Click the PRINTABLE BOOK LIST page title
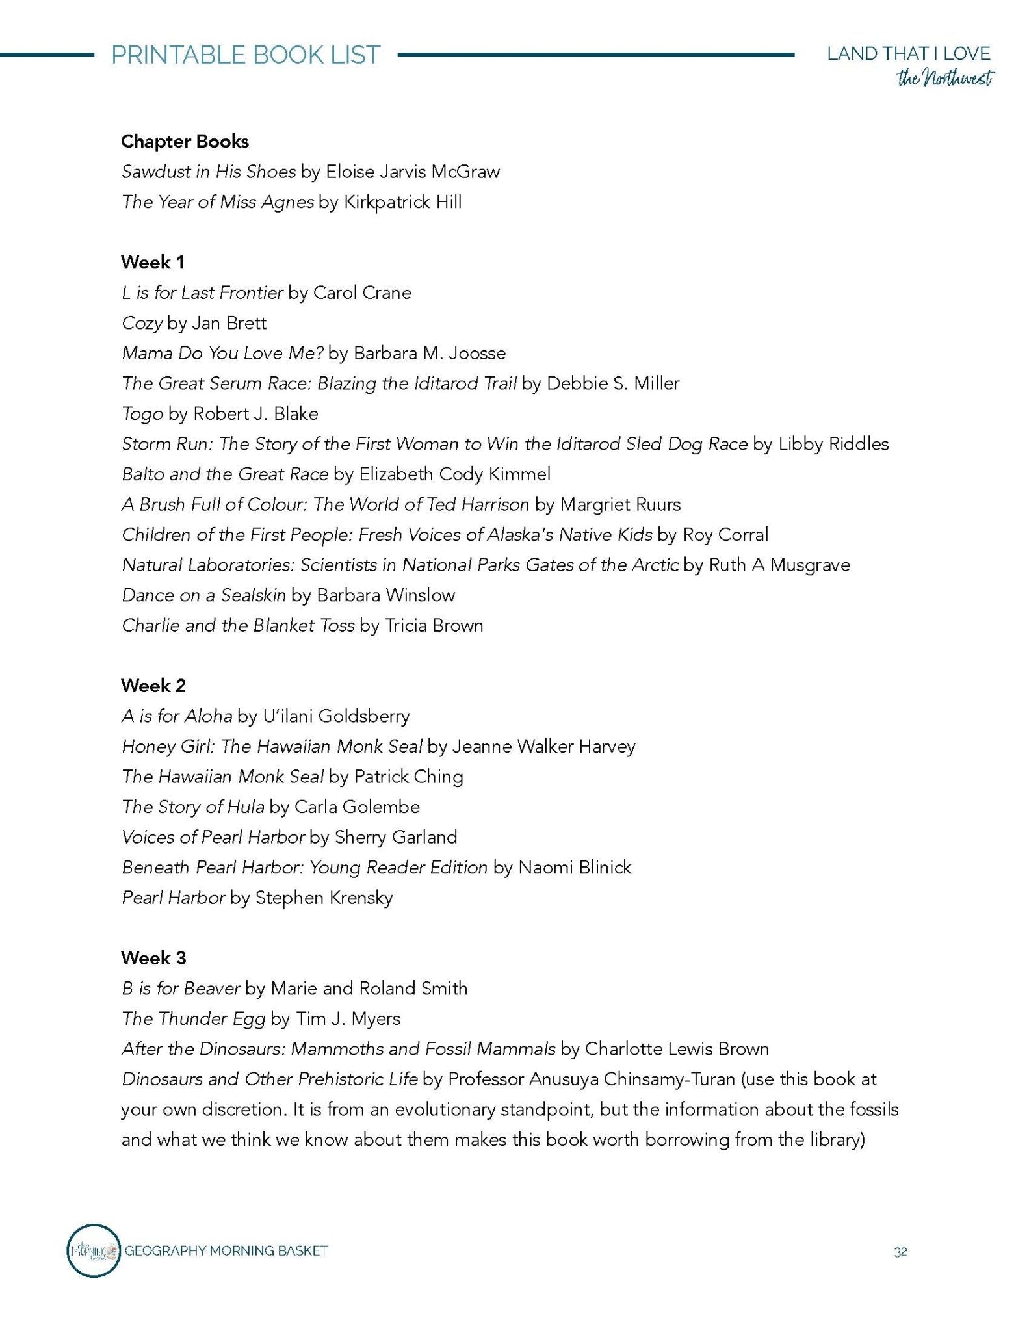tap(246, 55)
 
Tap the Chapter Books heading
tap(185, 142)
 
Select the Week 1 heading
tap(153, 263)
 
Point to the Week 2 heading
tap(153, 686)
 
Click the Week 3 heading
tap(153, 958)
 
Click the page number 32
tap(900, 1252)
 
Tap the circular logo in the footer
tap(94, 1250)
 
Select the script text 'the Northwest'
tap(945, 79)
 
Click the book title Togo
tap(142, 414)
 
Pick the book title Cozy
tap(142, 324)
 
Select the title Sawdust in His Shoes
tap(208, 172)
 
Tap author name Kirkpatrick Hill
tap(402, 202)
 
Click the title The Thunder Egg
tap(193, 1018)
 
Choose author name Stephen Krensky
tap(324, 898)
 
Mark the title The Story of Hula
tap(192, 807)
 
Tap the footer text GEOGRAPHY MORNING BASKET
tap(226, 1250)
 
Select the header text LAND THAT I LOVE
tap(908, 54)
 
